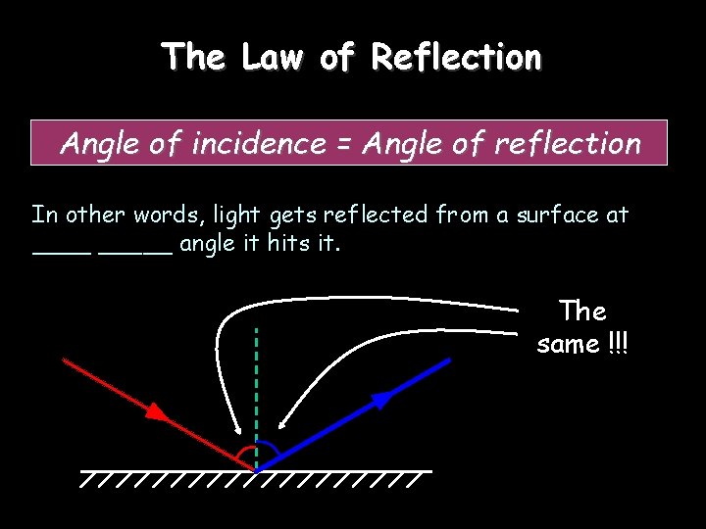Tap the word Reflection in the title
click(456, 57)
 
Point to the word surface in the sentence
click(553, 215)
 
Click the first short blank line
click(62, 252)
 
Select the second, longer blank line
click(136, 252)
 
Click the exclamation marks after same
click(618, 344)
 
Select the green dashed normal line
click(256, 392)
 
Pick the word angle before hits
click(207, 244)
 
